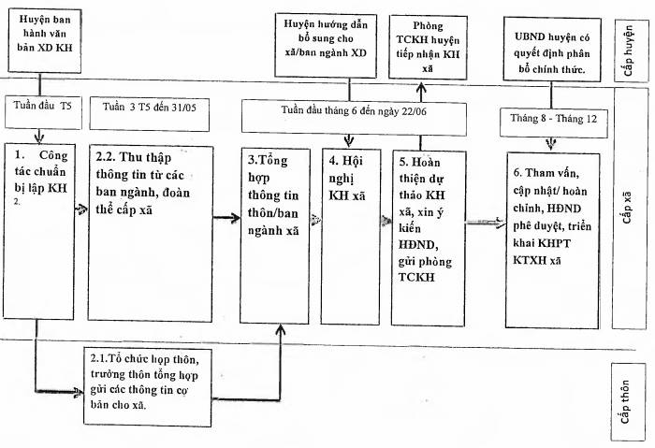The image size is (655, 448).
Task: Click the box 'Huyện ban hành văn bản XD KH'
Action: click(45, 41)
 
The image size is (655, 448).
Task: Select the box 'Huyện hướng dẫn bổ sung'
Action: click(326, 45)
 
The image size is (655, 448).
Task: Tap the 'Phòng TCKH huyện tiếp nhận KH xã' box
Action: click(428, 47)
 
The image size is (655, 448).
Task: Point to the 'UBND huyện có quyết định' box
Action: click(552, 50)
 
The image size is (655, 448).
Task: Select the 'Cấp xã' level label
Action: click(630, 208)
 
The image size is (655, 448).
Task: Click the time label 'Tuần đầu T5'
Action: click(43, 112)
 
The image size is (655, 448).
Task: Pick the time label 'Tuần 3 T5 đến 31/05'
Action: click(149, 114)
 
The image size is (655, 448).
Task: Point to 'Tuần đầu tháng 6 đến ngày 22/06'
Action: click(354, 117)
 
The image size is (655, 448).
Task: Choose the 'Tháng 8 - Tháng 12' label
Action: click(554, 123)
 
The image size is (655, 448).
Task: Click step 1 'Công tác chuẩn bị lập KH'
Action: click(39, 231)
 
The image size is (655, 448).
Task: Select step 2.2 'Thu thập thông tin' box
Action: click(150, 234)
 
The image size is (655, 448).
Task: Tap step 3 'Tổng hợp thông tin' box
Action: click(275, 236)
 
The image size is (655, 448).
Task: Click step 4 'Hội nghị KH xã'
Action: click(351, 237)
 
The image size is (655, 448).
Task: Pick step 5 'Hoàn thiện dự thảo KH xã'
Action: click(429, 238)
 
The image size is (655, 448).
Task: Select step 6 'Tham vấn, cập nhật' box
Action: click(553, 240)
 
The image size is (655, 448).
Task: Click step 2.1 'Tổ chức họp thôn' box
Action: click(147, 386)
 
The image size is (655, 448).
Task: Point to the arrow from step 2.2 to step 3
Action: click(226, 217)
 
